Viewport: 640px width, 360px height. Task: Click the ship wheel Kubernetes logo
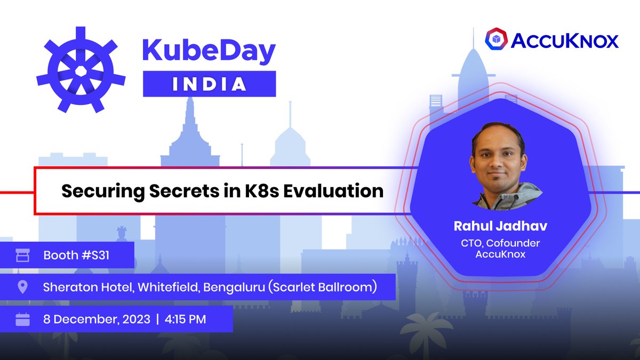(81, 69)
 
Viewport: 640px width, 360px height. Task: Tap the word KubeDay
(209, 51)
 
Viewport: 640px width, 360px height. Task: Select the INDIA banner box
(209, 84)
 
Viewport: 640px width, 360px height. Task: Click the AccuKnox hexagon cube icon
(495, 40)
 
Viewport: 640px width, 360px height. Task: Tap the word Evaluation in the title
(333, 190)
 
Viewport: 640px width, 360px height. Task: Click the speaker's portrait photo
(500, 165)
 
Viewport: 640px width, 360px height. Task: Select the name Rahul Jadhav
(500, 226)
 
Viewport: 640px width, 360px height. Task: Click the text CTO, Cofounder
(500, 243)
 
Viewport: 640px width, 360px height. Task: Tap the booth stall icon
(22, 255)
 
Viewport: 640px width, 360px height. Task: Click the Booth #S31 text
(76, 255)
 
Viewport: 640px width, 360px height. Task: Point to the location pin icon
(22, 287)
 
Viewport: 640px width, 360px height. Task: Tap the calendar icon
(22, 319)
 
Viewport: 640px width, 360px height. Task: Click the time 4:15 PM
(185, 319)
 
